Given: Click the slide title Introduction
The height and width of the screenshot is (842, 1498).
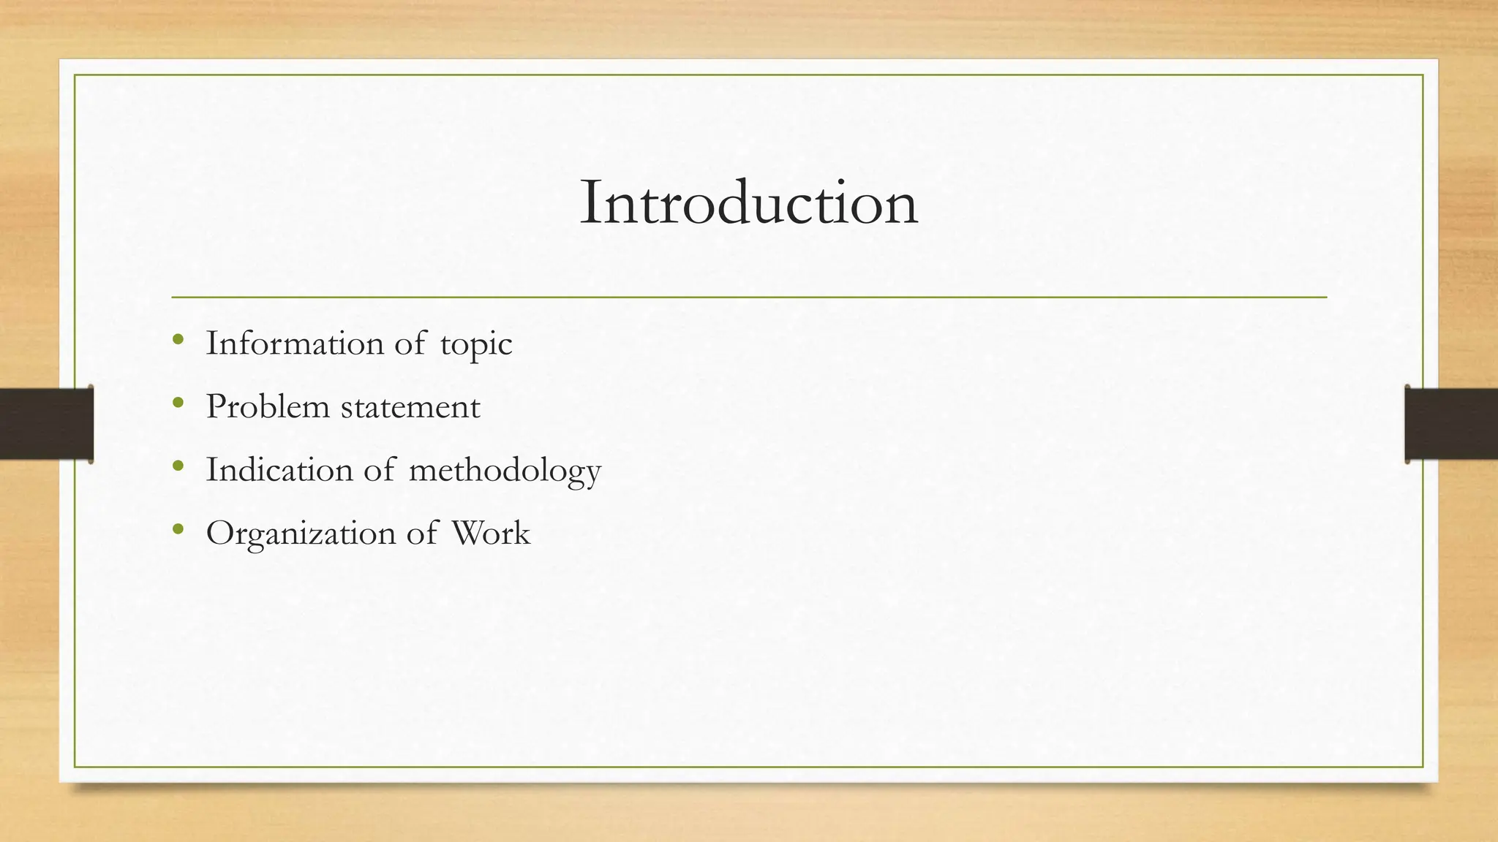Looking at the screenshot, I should [x=748, y=202].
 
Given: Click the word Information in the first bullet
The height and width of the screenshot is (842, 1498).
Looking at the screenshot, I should [x=294, y=343].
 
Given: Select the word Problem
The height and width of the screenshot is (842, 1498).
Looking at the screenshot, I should [x=268, y=406].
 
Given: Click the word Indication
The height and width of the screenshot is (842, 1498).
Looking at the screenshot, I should [x=279, y=469].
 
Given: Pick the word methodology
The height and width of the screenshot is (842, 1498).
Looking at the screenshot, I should [x=505, y=471].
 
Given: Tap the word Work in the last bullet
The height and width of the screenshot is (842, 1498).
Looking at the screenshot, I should [x=490, y=533].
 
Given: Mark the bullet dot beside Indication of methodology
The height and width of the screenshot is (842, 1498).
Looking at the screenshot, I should [x=178, y=466].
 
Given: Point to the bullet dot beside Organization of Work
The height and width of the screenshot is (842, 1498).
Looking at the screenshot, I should [x=178, y=528].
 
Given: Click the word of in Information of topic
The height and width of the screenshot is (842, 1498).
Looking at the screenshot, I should [x=410, y=343].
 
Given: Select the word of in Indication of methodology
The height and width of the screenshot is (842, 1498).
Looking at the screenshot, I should [x=380, y=469].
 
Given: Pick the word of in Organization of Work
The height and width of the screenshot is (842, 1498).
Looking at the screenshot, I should [x=422, y=533].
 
